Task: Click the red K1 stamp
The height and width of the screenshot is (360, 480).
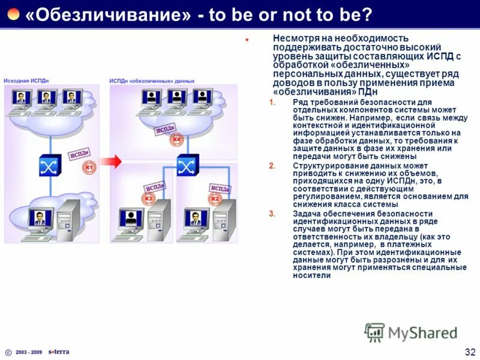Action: pos(88,169)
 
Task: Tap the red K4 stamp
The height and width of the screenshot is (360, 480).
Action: pos(176,140)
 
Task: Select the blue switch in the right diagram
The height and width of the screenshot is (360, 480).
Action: pos(187,163)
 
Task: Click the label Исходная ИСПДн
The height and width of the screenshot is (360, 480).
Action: pos(25,80)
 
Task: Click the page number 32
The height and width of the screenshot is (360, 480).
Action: pos(470,350)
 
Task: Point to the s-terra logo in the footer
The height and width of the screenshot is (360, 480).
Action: pos(59,352)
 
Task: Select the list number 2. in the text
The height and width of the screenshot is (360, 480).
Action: pos(272,165)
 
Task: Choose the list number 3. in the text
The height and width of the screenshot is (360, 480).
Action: pos(272,214)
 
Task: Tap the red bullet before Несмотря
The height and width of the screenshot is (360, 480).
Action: pos(247,40)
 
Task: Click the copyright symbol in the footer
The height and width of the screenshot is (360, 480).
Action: pos(8,352)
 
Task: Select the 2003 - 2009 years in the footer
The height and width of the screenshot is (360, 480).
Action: pos(29,352)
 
